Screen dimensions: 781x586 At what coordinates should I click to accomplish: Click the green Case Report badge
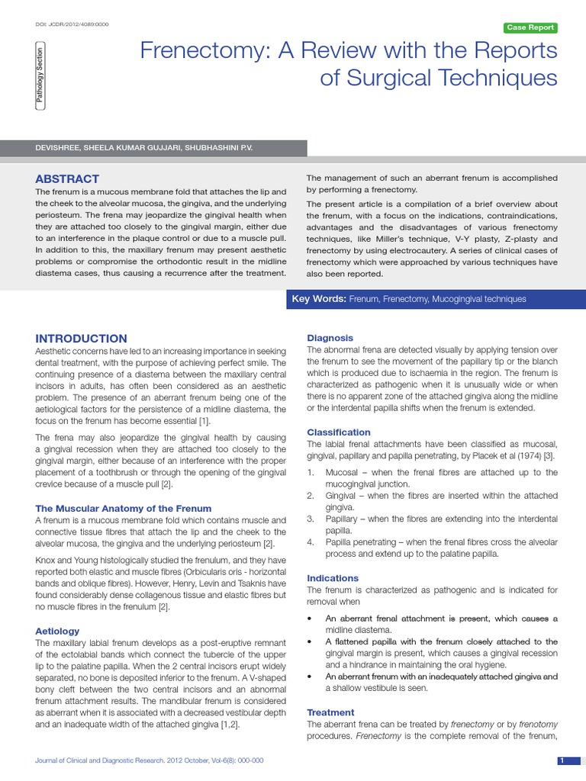tap(531, 28)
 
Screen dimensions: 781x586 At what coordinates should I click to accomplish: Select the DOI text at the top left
tap(72, 24)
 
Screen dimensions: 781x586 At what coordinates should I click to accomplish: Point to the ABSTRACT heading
tap(67, 178)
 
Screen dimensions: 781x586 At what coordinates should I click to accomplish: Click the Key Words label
tap(319, 299)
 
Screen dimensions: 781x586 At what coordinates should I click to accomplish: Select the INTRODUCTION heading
tap(82, 339)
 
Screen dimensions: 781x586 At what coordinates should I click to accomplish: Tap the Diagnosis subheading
tap(330, 338)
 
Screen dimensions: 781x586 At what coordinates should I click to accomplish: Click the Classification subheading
tap(339, 432)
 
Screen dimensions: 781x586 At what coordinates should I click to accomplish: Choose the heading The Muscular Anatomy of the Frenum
tap(124, 508)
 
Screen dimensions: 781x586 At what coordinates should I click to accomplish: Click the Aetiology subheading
tap(57, 632)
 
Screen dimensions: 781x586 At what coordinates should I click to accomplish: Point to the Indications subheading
tap(333, 578)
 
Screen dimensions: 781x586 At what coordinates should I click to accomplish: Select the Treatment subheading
tap(330, 712)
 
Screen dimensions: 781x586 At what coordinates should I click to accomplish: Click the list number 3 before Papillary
tap(311, 519)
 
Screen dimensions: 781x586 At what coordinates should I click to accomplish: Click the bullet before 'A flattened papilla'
tap(309, 642)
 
